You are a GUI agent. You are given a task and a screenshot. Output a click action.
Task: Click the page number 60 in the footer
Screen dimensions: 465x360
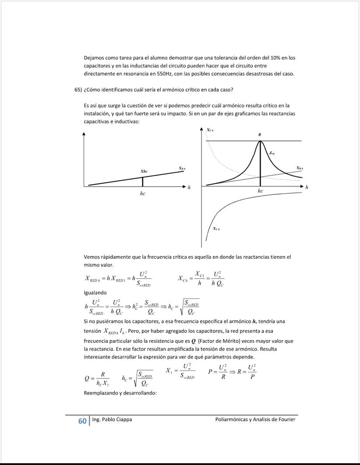pos(82,421)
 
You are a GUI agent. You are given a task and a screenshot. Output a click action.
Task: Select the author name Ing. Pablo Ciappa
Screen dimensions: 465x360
pos(112,419)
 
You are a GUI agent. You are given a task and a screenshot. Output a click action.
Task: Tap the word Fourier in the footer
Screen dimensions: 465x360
pos(286,419)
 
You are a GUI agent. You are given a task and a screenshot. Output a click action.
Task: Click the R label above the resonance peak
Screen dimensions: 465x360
pos(260,135)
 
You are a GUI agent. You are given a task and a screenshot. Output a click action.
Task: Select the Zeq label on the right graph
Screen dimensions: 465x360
pos(272,153)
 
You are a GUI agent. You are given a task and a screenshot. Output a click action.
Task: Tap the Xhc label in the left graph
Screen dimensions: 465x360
pos(144,171)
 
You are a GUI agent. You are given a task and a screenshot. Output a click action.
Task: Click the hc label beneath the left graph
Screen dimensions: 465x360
pos(143,193)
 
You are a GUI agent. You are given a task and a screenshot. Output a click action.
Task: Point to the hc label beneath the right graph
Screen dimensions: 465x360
pos(260,191)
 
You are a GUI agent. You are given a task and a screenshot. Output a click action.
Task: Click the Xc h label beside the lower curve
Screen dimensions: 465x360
pos(216,229)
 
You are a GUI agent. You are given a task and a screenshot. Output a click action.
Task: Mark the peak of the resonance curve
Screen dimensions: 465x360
pos(260,141)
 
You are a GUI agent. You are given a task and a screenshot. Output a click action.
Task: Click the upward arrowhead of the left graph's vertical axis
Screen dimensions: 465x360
pos(84,134)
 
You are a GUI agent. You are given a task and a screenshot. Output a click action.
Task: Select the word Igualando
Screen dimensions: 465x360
pos(95,292)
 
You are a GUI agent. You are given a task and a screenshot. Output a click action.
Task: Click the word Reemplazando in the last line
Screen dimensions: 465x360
pos(101,393)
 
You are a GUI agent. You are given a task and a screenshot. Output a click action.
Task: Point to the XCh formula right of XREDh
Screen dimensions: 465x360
pos(201,278)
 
